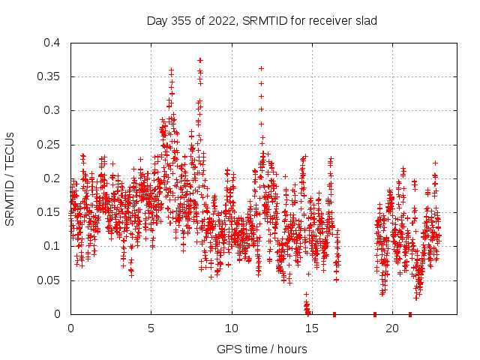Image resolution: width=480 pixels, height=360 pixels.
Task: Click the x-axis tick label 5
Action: click(x=151, y=328)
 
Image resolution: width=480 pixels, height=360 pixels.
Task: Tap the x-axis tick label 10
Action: click(x=232, y=328)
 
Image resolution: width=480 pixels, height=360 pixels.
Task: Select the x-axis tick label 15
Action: click(x=312, y=328)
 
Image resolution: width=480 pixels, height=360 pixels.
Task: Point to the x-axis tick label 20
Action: click(x=392, y=328)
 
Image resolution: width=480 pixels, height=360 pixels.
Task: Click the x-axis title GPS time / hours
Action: click(x=262, y=349)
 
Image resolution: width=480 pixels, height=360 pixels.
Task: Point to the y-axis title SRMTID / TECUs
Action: click(x=10, y=178)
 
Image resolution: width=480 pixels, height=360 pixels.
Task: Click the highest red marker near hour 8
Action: click(x=200, y=60)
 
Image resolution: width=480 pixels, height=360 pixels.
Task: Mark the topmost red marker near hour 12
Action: click(x=261, y=68)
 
